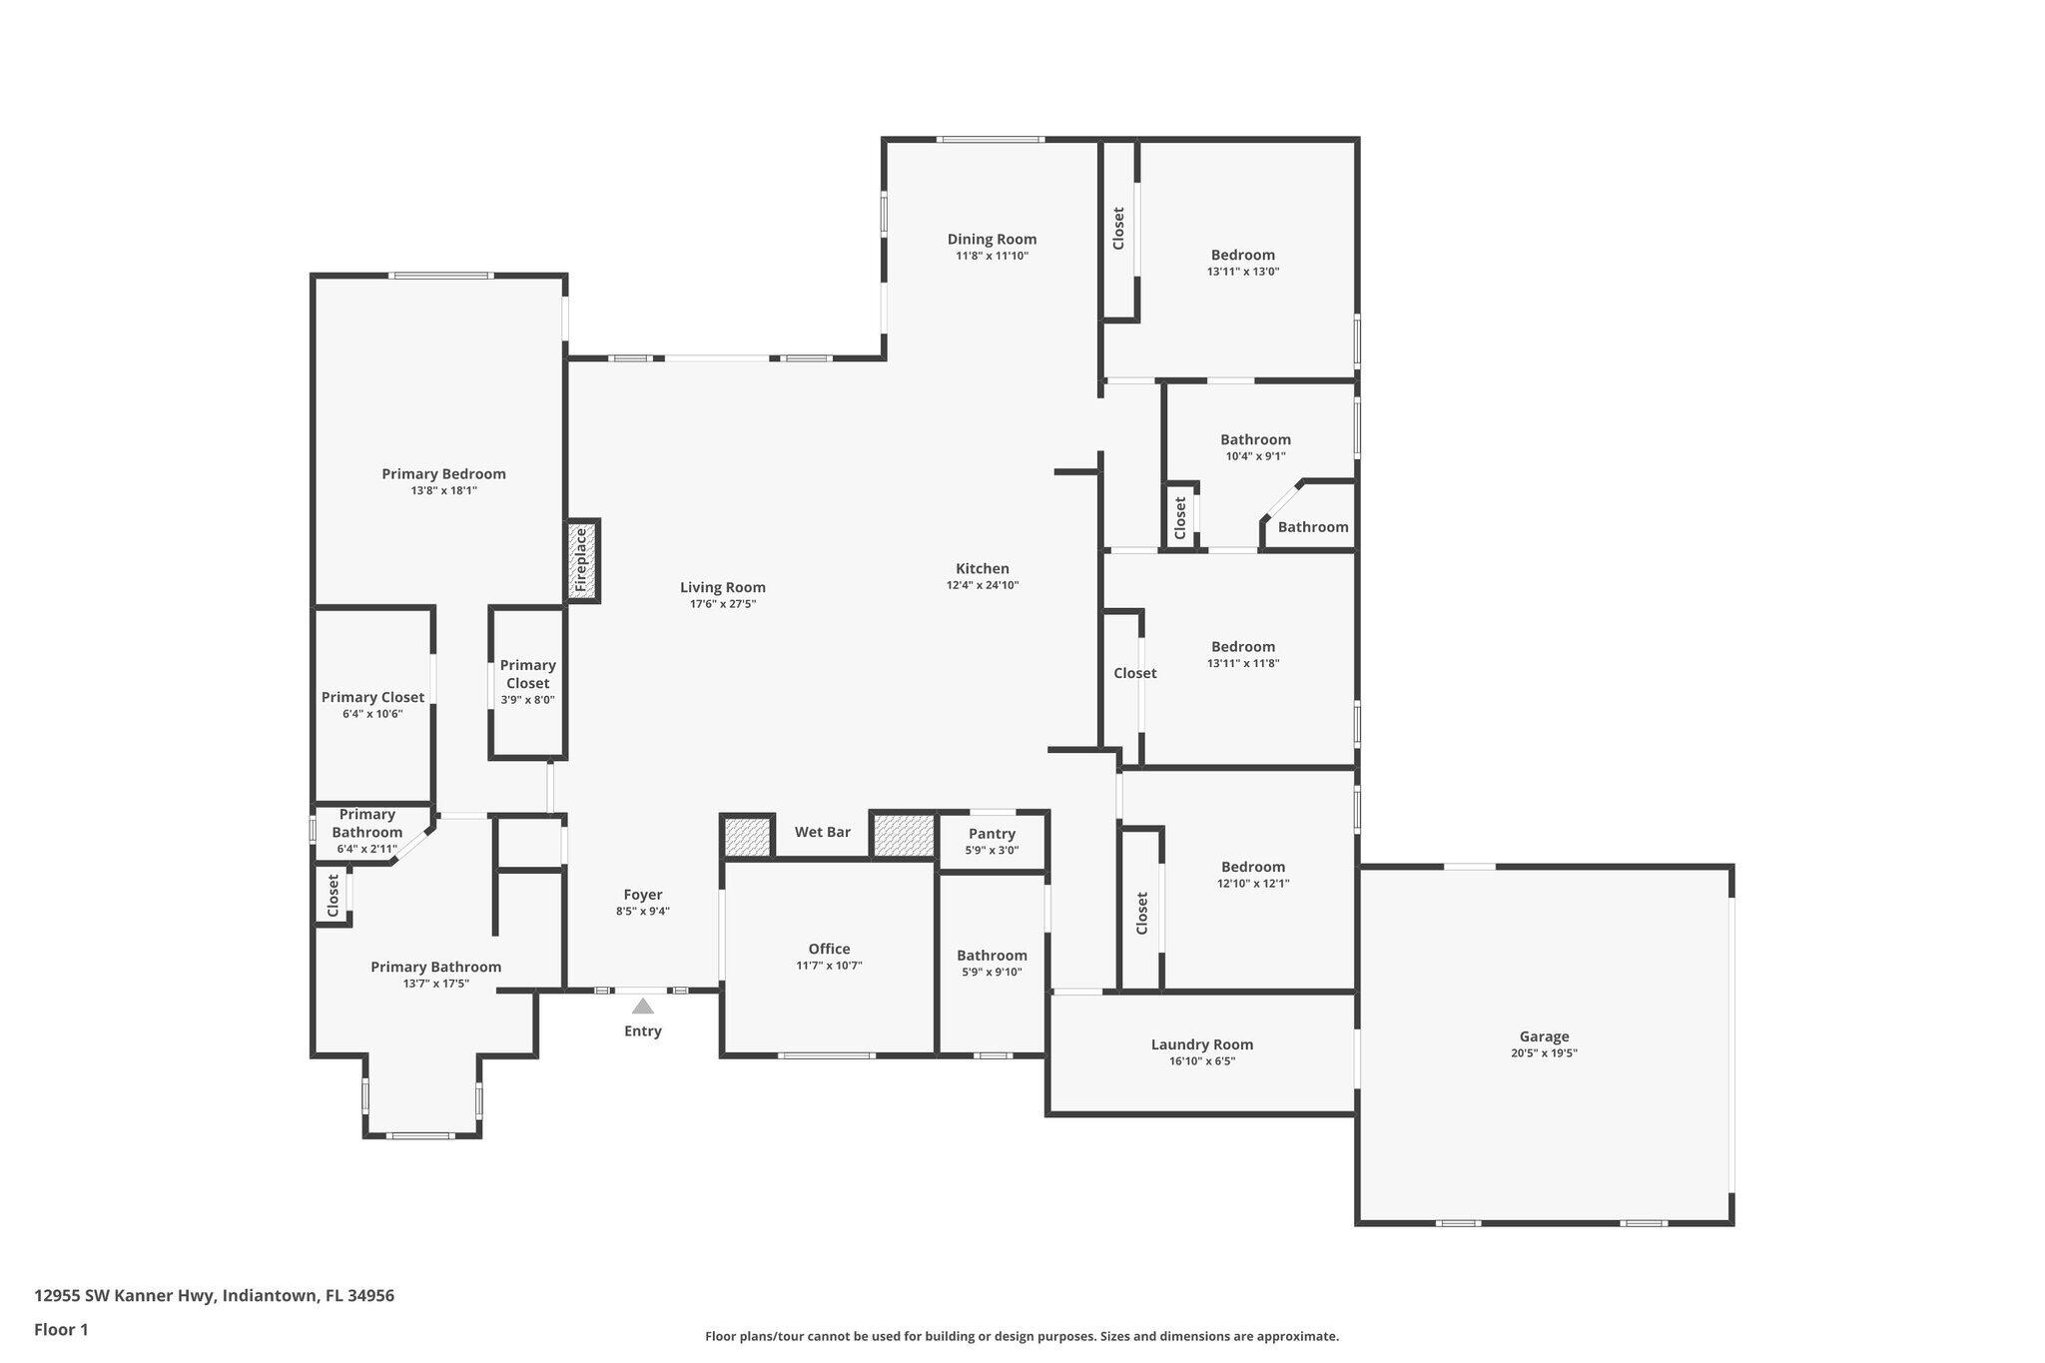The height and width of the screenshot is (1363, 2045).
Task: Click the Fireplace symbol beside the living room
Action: coord(582,560)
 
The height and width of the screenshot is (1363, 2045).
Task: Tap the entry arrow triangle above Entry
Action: coord(643,1006)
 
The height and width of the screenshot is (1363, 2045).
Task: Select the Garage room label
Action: coord(1544,1036)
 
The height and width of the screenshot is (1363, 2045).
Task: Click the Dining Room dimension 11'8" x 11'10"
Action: coord(992,256)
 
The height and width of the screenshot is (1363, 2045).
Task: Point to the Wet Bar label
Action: coord(822,832)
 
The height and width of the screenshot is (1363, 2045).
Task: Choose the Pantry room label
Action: coord(992,834)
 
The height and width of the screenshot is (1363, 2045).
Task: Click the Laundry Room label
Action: coord(1201,1044)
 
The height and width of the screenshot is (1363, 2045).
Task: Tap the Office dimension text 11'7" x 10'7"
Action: coord(829,966)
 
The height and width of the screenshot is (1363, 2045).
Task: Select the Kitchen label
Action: coord(983,568)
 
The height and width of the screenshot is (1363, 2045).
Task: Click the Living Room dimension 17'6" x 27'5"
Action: coord(723,604)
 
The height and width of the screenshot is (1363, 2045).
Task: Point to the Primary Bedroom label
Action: coord(443,473)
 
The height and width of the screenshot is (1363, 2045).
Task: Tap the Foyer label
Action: coord(643,895)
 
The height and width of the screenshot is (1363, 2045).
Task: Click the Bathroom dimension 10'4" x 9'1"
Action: coord(1255,456)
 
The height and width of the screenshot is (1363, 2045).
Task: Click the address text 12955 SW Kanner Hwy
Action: coord(214,1296)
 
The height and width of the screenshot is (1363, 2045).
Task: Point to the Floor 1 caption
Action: coord(61,1330)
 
